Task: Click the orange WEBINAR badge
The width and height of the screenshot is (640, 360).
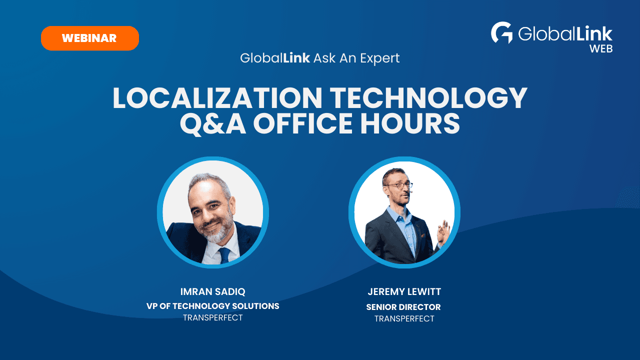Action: point(90,38)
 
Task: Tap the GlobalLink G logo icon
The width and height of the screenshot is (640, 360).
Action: point(501,32)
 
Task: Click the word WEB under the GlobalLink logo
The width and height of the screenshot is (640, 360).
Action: point(601,49)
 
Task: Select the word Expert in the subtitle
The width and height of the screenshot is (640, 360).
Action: point(379,58)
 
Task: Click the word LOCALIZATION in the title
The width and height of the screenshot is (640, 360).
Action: point(217,98)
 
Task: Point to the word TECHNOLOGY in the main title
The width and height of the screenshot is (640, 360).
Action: point(428,98)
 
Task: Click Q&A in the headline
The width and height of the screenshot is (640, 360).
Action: point(213,123)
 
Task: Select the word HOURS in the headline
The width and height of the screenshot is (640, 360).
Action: point(410,123)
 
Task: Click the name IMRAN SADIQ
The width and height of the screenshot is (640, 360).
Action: point(213,291)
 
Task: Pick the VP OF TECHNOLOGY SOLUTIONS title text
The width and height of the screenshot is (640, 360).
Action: point(213,306)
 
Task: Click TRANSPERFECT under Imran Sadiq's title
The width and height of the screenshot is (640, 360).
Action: point(213,317)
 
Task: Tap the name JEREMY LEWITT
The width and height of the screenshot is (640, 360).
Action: point(404,291)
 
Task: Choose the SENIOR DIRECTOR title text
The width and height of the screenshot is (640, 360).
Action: point(403,307)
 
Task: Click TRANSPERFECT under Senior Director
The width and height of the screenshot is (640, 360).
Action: point(404,318)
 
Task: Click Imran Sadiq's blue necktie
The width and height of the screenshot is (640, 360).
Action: point(224,255)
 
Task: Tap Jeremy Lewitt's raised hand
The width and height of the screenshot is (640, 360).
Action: point(443,232)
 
